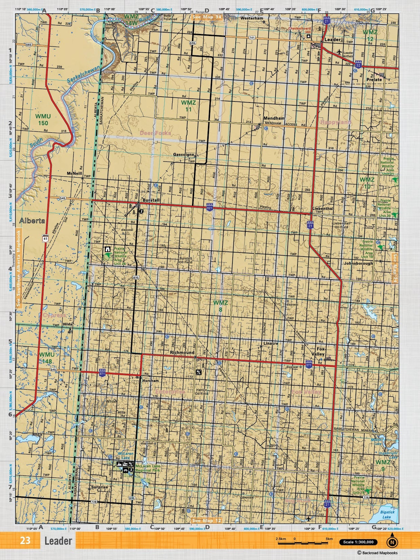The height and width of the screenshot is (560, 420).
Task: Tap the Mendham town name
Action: tap(274, 118)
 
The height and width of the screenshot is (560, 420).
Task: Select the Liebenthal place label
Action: tap(322, 209)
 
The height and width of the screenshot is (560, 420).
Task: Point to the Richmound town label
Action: tap(182, 353)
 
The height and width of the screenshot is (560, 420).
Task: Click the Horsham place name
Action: tap(150, 381)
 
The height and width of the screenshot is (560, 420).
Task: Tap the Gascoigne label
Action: tap(183, 155)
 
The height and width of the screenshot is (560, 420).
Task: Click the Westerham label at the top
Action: tap(252, 18)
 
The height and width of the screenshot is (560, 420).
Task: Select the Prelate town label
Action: tap(374, 80)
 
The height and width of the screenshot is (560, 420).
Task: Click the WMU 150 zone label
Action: tap(43, 120)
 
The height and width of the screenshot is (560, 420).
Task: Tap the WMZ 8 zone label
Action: tap(220, 306)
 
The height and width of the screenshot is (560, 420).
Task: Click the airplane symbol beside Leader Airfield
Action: tap(339, 52)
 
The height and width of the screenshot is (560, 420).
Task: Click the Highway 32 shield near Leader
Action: tap(358, 65)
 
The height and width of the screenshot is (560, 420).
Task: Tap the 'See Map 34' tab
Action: tap(207, 17)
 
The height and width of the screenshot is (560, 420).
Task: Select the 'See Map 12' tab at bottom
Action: tap(206, 521)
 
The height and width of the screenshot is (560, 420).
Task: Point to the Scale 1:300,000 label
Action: tap(358, 542)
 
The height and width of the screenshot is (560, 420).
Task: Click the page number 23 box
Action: tap(25, 541)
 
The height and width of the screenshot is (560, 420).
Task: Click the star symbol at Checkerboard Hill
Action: tap(309, 36)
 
